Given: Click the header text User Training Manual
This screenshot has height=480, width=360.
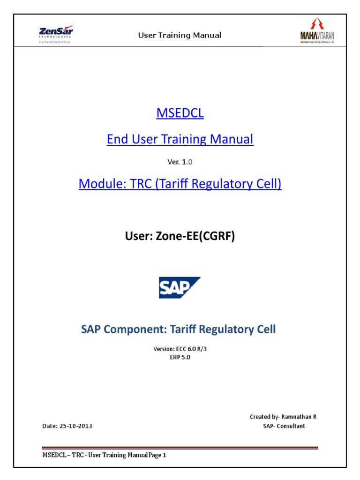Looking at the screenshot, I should click(180, 36).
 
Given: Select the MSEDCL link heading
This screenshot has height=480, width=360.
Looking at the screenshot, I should click(180, 114).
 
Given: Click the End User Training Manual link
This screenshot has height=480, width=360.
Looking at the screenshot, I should click(180, 139).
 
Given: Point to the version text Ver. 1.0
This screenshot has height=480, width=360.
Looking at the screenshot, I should click(180, 162).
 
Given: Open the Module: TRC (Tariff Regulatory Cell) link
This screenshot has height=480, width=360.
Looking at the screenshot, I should click(180, 183).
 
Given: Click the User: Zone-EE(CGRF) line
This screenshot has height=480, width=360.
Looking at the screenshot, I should click(180, 237).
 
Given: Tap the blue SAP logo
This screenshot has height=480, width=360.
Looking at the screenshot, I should click(180, 288).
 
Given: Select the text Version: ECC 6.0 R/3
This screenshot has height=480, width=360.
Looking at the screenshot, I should click(180, 349).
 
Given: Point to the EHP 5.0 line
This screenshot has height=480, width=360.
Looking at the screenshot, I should click(180, 357).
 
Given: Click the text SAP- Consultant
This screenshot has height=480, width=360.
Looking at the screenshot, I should click(284, 426).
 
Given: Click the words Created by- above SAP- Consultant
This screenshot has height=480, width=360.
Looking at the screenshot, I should click(265, 417).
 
